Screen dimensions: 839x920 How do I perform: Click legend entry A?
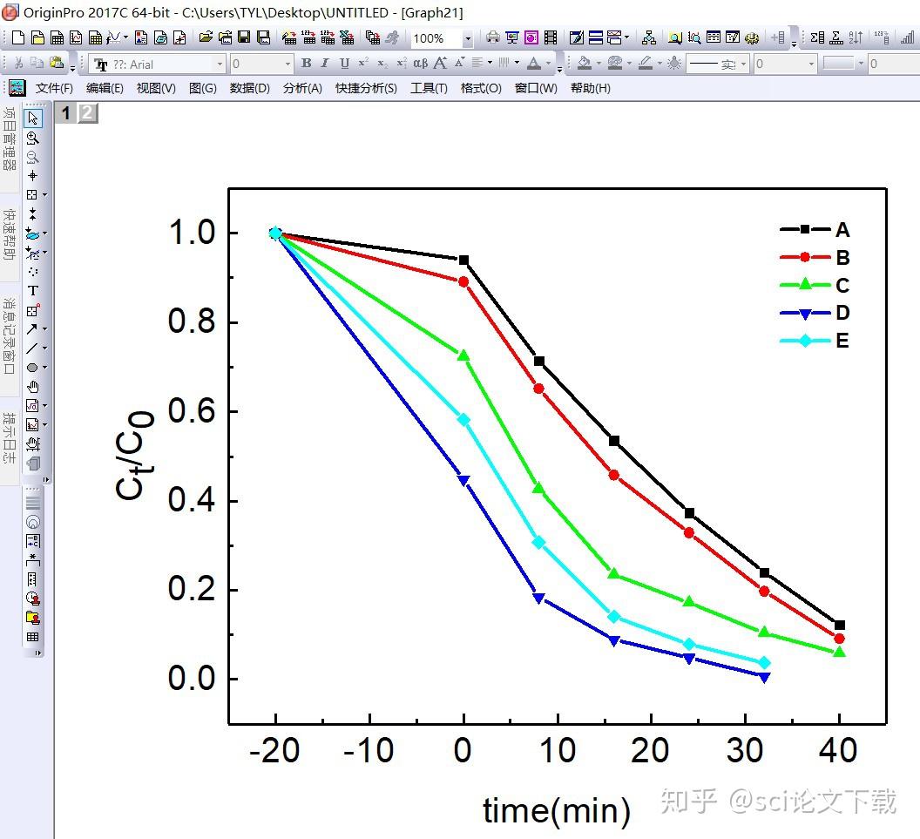pyautogui.click(x=841, y=230)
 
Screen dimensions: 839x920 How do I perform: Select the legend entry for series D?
pyautogui.click(x=841, y=313)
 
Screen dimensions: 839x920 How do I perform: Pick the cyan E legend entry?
pyautogui.click(x=841, y=341)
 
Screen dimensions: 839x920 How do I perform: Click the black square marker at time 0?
pyautogui.click(x=463, y=260)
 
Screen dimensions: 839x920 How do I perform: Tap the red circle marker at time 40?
pyautogui.click(x=839, y=639)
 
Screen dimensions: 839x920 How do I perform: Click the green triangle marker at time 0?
pyautogui.click(x=463, y=355)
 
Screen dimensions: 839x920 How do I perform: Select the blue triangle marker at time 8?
pyautogui.click(x=538, y=599)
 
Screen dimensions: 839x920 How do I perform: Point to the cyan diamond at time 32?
pyautogui.click(x=764, y=663)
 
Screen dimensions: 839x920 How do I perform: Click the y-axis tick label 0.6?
pyautogui.click(x=191, y=412)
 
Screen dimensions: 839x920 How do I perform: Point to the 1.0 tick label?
pyautogui.click(x=191, y=233)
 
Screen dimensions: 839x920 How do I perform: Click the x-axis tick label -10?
pyautogui.click(x=369, y=751)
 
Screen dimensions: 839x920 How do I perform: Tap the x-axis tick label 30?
pyautogui.click(x=745, y=751)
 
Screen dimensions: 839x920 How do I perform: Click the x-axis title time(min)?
pyautogui.click(x=556, y=810)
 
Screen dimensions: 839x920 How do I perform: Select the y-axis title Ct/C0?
pyautogui.click(x=135, y=455)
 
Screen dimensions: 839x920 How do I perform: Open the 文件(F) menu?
pyautogui.click(x=54, y=88)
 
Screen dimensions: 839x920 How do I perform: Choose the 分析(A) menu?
pyautogui.click(x=302, y=88)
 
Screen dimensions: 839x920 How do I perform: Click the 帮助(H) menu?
pyautogui.click(x=590, y=88)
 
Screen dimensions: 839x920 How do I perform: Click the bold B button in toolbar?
pyautogui.click(x=306, y=64)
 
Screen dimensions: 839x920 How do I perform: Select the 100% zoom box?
pyautogui.click(x=435, y=38)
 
